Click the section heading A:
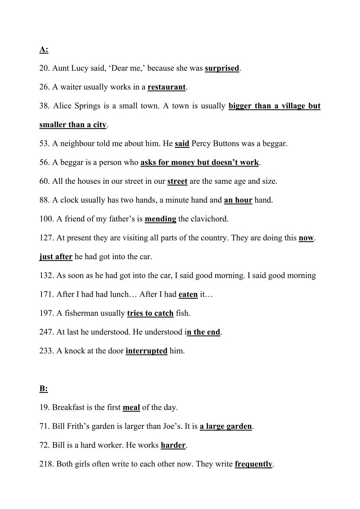[x=44, y=50]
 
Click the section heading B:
[x=43, y=389]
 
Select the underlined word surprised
[x=222, y=68]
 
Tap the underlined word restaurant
[x=166, y=87]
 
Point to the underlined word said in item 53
[x=182, y=144]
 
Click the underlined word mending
[x=160, y=219]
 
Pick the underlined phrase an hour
[x=238, y=200]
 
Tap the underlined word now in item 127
[x=306, y=238]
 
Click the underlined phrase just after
[x=56, y=257]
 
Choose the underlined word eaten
[x=188, y=294]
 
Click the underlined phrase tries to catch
[x=150, y=313]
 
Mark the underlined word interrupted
[x=146, y=351]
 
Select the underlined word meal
[x=131, y=407]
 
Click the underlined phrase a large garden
[x=226, y=427]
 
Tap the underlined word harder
[x=173, y=445]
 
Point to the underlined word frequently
[x=254, y=464]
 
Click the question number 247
[x=47, y=332]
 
